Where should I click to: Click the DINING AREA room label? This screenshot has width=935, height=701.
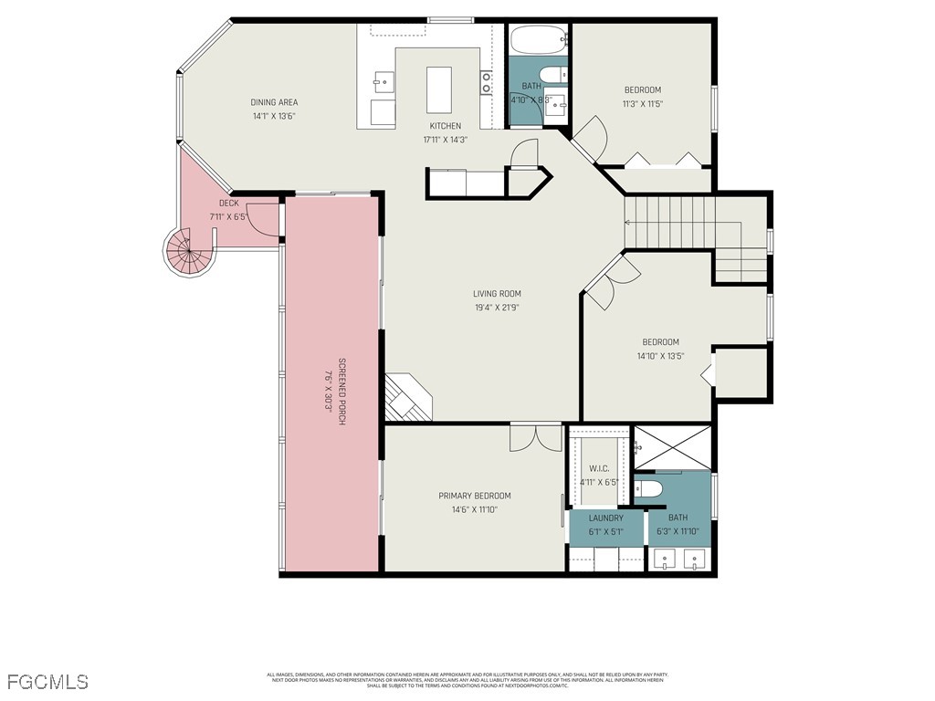point(274,102)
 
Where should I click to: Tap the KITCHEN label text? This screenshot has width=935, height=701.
point(445,126)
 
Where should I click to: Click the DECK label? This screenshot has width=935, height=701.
point(228,203)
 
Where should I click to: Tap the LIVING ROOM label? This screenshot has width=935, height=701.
point(497,294)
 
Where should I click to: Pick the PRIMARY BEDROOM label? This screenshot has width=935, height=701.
point(474,496)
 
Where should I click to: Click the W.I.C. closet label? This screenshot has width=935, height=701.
point(599,469)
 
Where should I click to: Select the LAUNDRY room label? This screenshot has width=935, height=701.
point(607,518)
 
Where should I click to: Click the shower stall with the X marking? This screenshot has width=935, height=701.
point(672,448)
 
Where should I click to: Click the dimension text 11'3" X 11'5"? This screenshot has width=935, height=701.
point(642,103)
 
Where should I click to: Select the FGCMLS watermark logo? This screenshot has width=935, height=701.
point(47,681)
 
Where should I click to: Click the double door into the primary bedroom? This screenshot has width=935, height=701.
point(536,437)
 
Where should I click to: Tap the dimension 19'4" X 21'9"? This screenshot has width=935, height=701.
point(497,308)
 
